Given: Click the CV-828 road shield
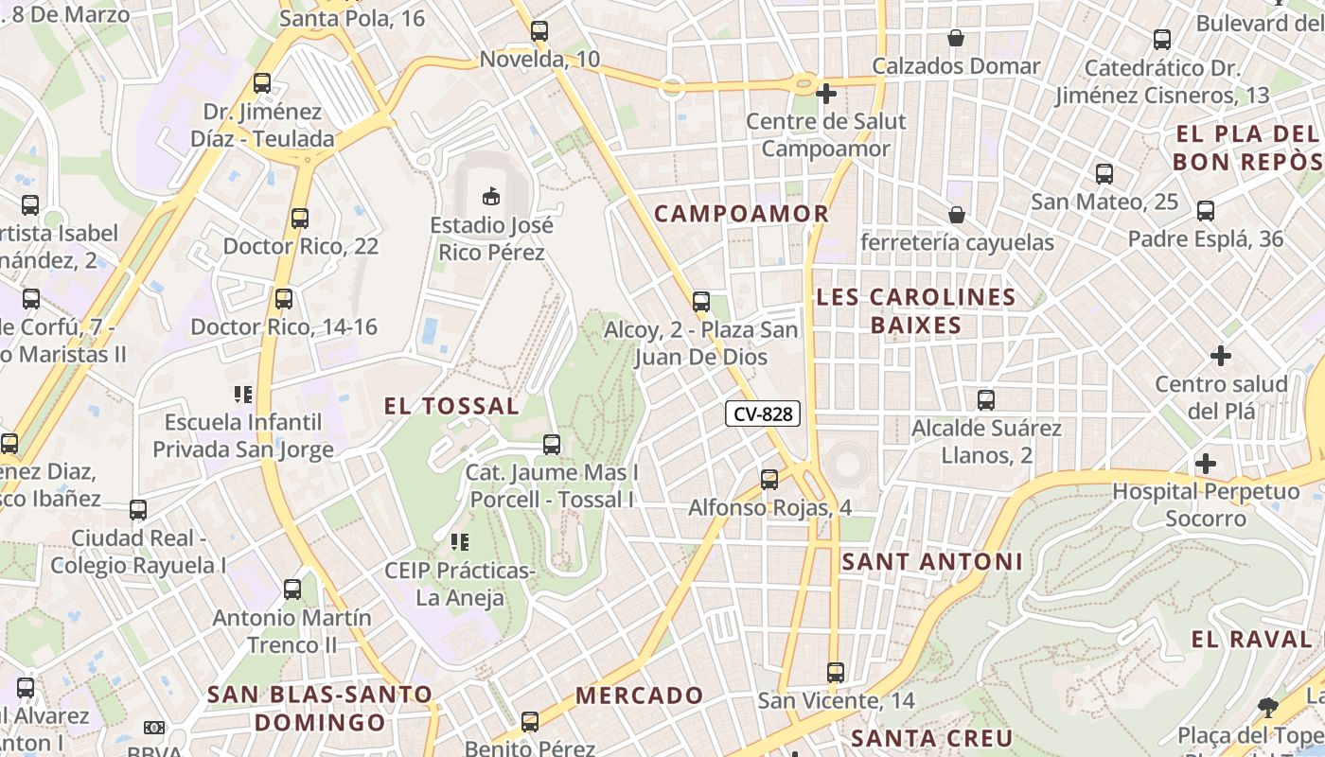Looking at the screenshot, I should point(763,414).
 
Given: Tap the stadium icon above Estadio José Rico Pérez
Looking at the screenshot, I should point(490,196).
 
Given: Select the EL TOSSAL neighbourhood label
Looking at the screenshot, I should point(451,407).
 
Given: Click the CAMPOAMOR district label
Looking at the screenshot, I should point(742,214).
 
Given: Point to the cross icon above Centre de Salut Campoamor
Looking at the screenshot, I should point(826,94).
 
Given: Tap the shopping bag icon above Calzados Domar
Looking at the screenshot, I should point(956,38).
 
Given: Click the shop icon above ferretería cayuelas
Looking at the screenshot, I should point(957,215).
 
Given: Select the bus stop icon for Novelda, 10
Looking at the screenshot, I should point(539,31).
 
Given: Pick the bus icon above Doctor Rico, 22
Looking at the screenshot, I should point(300,219).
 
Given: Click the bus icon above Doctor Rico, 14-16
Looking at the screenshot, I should point(283,299).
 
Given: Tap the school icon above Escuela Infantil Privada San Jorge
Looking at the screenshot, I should point(243,394).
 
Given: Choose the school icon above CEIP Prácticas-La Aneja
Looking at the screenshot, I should point(460,542).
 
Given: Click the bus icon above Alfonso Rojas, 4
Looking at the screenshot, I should point(769,480).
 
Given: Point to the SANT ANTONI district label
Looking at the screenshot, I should point(932,562).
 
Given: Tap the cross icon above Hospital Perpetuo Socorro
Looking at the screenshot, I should point(1205,464).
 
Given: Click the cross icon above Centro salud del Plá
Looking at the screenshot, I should point(1221,356).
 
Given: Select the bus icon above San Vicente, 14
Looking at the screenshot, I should point(836,673).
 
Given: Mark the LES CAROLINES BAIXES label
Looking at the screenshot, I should point(915,311).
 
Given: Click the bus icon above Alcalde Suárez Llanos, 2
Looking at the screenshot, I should point(986,400).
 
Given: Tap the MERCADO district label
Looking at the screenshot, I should point(640,696).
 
